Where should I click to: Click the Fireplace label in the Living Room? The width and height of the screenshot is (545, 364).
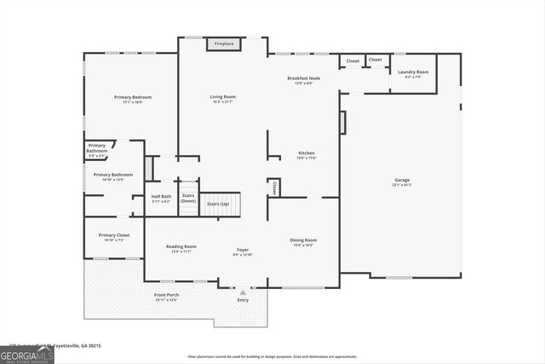click(x=224, y=43)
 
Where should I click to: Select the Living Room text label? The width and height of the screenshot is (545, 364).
click(x=223, y=98)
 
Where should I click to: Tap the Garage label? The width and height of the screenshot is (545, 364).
click(x=402, y=182)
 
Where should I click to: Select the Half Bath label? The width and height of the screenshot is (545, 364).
click(x=161, y=198)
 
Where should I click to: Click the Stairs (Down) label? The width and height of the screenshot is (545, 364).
click(x=188, y=198)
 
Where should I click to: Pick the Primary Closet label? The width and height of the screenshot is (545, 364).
click(x=114, y=237)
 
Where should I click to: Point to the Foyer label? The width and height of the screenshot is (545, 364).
click(x=243, y=251)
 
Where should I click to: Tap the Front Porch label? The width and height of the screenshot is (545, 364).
click(x=167, y=297)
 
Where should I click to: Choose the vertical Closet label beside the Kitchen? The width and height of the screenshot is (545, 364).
click(x=274, y=188)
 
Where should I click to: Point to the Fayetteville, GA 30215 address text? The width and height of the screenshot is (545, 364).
click(x=74, y=345)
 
